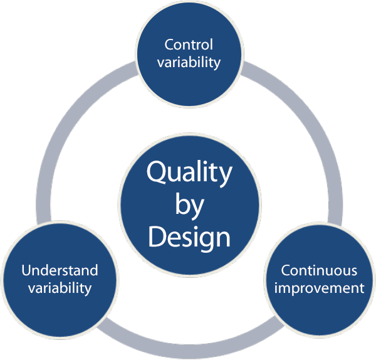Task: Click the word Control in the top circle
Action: [189, 45]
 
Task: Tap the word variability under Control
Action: [189, 62]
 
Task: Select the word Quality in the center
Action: [189, 172]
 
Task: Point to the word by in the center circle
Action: [189, 205]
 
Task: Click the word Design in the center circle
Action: [189, 237]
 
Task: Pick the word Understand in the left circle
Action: [60, 271]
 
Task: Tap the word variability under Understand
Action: [60, 289]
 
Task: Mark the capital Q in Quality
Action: [157, 172]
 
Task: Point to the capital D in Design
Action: [157, 237]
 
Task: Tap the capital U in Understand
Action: [26, 271]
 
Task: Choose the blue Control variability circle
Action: [189, 25]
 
